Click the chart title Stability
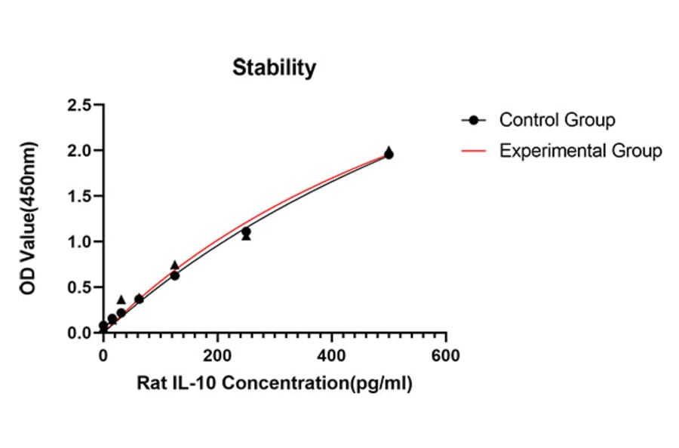[x=274, y=68]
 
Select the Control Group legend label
[x=557, y=120]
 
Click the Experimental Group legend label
[x=580, y=151]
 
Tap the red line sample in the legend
[x=474, y=151]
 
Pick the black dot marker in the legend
[x=474, y=120]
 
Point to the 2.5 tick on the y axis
[x=79, y=105]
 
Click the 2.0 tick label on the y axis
[x=79, y=151]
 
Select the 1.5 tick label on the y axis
[x=79, y=196]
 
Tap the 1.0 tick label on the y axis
[x=79, y=242]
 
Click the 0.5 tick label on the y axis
[x=79, y=287]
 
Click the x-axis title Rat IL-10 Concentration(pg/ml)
[x=275, y=383]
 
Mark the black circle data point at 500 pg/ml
[x=389, y=155]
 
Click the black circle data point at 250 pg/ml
[x=246, y=232]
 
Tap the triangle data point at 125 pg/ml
[x=175, y=265]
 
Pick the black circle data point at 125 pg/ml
[x=175, y=276]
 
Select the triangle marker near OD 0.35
[x=121, y=299]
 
